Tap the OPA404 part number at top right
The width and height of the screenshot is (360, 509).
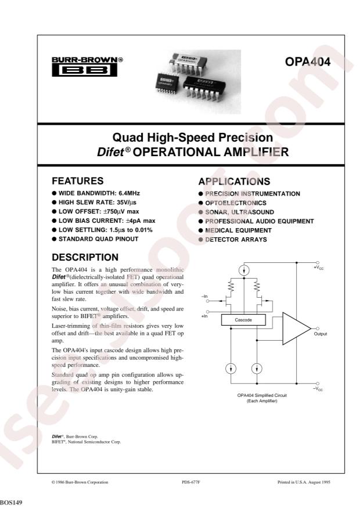pos(307,62)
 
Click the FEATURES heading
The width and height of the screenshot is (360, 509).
pos(78,181)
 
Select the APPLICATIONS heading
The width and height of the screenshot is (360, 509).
pos(234,182)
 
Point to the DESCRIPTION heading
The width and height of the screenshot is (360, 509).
pos(85,257)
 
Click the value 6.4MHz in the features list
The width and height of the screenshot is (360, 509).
pos(129,193)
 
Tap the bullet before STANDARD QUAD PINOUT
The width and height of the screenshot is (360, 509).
pos(54,239)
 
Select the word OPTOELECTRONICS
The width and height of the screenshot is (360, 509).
pos(236,203)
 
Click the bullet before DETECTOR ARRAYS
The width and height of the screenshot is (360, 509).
pos(201,240)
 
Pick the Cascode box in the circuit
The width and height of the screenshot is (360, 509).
pos(243,320)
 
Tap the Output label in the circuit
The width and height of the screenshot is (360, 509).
pos(321,334)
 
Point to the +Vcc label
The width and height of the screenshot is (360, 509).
pos(318,268)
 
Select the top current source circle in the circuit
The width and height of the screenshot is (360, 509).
pos(244,270)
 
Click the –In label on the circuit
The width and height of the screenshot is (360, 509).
pos(204,297)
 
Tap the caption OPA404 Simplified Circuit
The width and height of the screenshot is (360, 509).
pos(262,395)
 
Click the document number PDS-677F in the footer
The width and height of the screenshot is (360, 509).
pos(191,482)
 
